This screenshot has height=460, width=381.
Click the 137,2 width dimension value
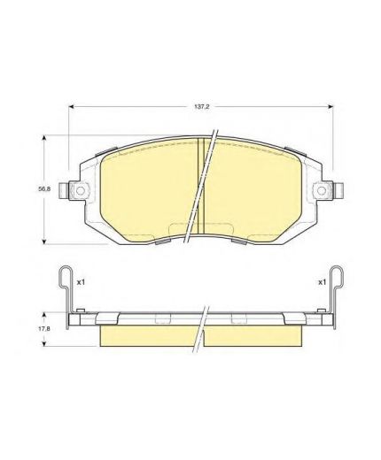[x=201, y=107]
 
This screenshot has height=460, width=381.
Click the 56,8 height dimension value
[x=44, y=189]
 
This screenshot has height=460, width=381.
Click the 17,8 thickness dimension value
[x=44, y=328]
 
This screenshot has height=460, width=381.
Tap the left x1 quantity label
[x=81, y=282]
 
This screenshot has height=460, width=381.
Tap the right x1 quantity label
[x=322, y=282]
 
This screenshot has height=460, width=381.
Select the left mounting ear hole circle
[x=81, y=190]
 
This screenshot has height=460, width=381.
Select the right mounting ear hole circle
[x=322, y=190]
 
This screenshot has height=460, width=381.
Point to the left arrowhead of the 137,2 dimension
[x=71, y=107]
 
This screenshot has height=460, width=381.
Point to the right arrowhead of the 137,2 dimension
[x=330, y=107]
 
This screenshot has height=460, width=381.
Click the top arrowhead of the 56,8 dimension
[x=44, y=138]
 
